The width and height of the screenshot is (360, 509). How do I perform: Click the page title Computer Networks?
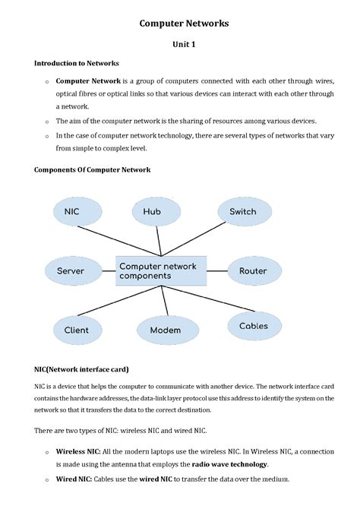coord(183,24)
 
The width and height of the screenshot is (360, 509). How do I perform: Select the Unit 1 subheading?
coord(183,45)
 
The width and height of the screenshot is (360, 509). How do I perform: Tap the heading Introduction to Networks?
coord(76,63)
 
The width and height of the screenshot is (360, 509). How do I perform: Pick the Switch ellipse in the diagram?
coord(243,212)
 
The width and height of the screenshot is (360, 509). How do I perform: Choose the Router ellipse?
coord(252,270)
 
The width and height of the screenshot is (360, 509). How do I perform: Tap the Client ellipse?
coord(76,330)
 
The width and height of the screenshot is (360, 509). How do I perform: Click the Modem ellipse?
coord(166,330)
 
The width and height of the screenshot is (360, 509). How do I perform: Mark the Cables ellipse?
coord(253,326)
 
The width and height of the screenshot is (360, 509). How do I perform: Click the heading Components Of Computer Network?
coord(92,169)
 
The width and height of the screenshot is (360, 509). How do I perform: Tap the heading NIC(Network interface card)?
coord(81,370)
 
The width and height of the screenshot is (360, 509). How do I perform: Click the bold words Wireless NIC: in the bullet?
coord(78,451)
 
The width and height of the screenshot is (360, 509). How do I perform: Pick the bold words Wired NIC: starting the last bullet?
coord(73,479)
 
